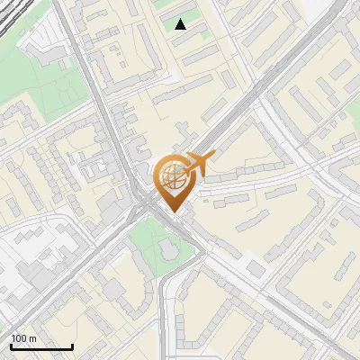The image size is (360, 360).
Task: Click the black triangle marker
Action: click(181, 24)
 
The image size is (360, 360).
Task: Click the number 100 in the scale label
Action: click(19, 338)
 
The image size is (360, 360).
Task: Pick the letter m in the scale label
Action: click(33, 338)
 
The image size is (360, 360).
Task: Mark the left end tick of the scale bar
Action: click(10, 346)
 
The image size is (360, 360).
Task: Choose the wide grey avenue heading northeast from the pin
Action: click(243, 108)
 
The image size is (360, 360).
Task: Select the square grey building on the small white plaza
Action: click(256, 269)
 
